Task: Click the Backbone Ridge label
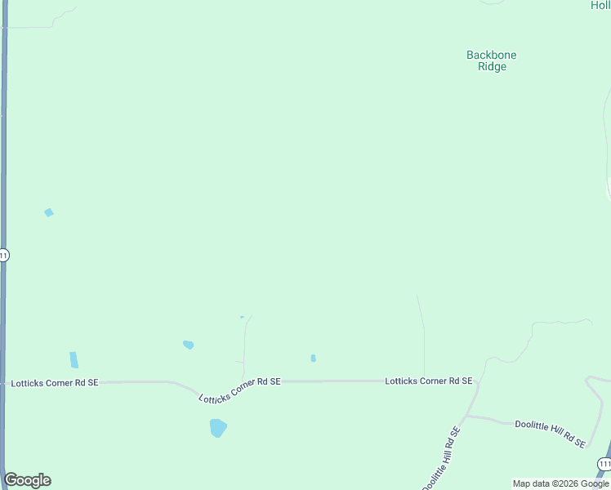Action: click(492, 61)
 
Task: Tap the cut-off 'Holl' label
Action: click(600, 5)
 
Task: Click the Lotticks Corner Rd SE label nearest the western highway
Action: click(54, 382)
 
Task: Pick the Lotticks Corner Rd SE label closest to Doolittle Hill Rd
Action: click(429, 381)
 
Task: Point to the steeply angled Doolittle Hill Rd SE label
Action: click(443, 458)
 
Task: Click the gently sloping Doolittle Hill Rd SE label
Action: click(551, 432)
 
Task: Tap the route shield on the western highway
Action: click(4, 255)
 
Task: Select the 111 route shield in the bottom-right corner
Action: click(604, 464)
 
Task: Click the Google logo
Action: click(28, 480)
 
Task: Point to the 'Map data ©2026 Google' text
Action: click(560, 483)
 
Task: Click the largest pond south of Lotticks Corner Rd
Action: click(218, 427)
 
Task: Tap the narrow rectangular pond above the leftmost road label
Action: click(74, 359)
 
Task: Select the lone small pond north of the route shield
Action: click(49, 212)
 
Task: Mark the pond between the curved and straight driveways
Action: click(313, 358)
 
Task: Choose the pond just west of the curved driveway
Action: click(189, 345)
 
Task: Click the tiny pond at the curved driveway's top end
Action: click(242, 317)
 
